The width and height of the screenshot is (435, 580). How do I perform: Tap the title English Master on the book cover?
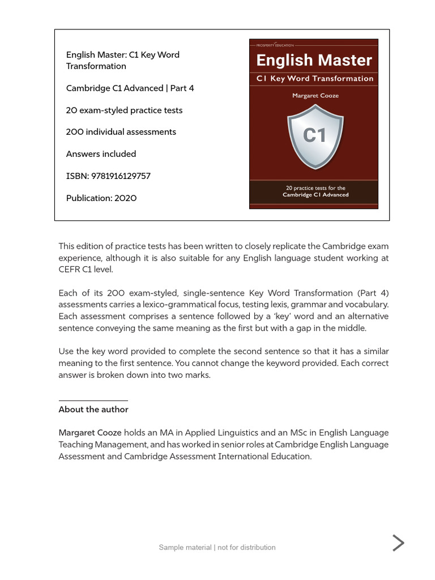pos(314,60)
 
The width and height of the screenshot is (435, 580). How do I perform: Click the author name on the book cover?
pos(315,96)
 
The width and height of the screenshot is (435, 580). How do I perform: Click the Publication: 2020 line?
pos(101,198)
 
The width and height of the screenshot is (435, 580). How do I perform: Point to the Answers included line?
pos(101,154)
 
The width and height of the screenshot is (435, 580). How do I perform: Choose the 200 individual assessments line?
pos(121,132)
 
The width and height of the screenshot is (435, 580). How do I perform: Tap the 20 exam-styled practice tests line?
pos(124,110)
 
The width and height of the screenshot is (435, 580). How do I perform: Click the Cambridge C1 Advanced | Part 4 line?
pos(130,88)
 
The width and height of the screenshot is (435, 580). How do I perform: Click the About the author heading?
pos(93,410)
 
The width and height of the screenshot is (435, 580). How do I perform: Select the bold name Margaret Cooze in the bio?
pos(90,433)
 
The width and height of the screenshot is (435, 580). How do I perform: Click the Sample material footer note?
pos(217,548)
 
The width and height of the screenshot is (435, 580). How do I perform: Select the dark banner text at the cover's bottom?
pos(315,191)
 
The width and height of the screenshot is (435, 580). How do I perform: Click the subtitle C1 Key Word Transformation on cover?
pos(314,79)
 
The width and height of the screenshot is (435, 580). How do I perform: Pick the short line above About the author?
pos(93,400)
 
